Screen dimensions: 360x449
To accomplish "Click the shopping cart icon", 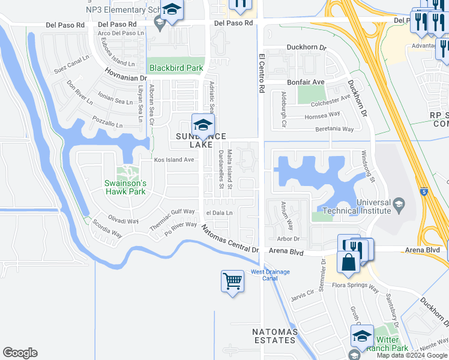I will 232,281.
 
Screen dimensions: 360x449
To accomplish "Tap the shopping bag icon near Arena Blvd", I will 349,262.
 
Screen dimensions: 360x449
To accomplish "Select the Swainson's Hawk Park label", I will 126,187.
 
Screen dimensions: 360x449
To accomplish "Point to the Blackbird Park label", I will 176,68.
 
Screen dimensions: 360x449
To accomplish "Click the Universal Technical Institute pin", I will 398,206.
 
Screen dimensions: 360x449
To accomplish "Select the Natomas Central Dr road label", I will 230,238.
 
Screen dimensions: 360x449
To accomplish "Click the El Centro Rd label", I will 262,73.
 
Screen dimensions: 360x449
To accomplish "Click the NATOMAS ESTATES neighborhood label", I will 274,336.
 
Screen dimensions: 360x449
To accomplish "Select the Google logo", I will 20,353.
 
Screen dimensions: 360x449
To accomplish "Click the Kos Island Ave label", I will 174,160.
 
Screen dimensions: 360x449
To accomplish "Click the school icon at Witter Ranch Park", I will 362,336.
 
